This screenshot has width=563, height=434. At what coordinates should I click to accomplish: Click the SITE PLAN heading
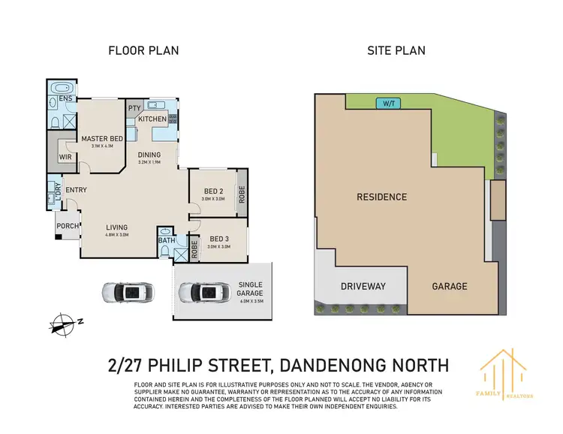[x=396, y=51]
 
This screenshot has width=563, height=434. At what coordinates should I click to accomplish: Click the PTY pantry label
[x=134, y=108]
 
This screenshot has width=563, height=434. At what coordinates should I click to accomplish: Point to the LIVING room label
[x=116, y=228]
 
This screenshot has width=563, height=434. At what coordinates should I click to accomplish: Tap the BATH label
[x=167, y=240]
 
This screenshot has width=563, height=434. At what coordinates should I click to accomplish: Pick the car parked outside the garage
[x=128, y=291]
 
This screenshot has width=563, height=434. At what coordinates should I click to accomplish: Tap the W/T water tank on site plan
[x=389, y=103]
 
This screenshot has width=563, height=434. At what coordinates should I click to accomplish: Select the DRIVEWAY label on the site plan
[x=363, y=286]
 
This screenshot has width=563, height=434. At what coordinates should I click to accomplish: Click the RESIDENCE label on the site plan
[x=381, y=197]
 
